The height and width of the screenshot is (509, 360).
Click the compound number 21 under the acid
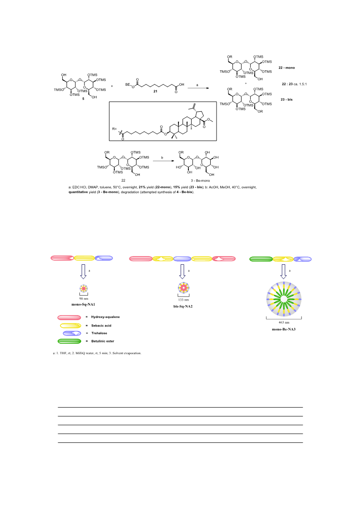[x=155, y=91]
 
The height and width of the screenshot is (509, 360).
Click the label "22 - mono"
[x=286, y=68]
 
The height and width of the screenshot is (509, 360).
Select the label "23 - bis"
[x=286, y=99]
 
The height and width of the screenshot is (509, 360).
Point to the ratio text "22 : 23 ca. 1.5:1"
[x=294, y=84]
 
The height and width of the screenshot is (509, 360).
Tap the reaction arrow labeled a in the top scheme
[x=198, y=88]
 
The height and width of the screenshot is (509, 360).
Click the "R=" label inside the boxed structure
[x=114, y=129]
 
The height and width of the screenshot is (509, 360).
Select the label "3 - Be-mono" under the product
[x=200, y=180]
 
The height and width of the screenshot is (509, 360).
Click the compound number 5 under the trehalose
[x=83, y=99]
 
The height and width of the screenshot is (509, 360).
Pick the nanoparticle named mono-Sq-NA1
[x=84, y=288]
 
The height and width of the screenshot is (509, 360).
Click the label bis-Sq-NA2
[x=183, y=306]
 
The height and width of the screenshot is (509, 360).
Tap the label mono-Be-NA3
[x=284, y=329]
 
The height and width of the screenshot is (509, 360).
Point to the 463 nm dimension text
[x=284, y=322]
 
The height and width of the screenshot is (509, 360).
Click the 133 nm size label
[x=183, y=300]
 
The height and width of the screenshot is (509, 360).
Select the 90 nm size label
[x=84, y=298]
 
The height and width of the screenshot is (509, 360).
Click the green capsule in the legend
[x=69, y=341]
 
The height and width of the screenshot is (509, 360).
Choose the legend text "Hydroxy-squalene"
[x=105, y=317]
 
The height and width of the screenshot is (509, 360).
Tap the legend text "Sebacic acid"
[x=101, y=326]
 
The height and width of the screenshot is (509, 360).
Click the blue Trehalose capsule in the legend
[x=72, y=333]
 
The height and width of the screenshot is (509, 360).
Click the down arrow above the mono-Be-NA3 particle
[x=283, y=272]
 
